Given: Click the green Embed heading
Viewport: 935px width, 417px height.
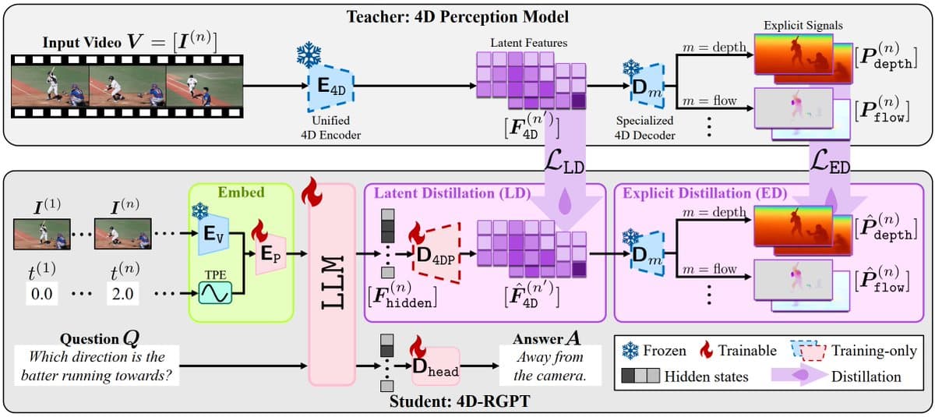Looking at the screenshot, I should pos(241,193).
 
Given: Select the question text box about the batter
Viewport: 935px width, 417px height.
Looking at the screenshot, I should pos(97,366).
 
